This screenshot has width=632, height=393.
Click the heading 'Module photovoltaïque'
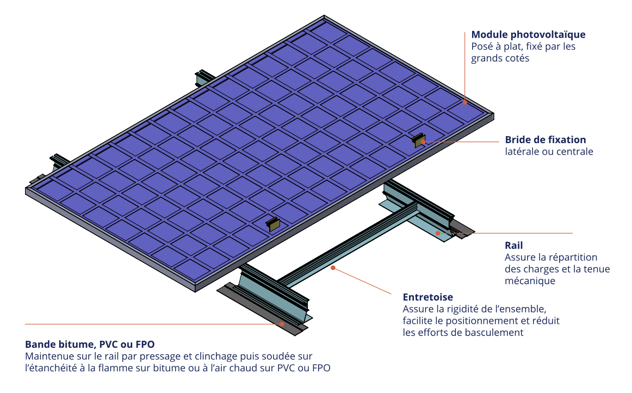tap(528, 35)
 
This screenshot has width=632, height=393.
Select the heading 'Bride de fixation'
tap(545, 140)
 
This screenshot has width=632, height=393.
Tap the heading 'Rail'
tap(513, 245)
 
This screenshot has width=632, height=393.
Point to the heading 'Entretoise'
tap(427, 297)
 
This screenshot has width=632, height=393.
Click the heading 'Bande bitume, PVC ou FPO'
tap(90, 345)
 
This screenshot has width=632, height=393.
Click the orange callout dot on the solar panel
tap(465, 102)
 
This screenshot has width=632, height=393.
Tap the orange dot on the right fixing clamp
tap(423, 141)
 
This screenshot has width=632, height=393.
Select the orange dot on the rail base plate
tap(438, 233)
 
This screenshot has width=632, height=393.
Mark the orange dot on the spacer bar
tap(333, 267)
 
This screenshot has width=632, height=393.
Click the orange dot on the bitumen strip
tap(282, 323)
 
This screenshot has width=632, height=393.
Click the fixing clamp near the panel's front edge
tap(272, 223)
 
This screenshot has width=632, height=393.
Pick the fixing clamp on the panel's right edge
tap(418, 140)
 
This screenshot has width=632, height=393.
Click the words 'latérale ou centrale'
tap(548, 152)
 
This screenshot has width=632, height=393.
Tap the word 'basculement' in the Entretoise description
tap(497, 333)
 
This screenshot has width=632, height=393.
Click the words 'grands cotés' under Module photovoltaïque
tap(500, 58)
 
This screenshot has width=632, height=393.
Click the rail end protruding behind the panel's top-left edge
tap(206, 77)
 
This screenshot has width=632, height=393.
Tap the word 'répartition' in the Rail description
tap(573, 257)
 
